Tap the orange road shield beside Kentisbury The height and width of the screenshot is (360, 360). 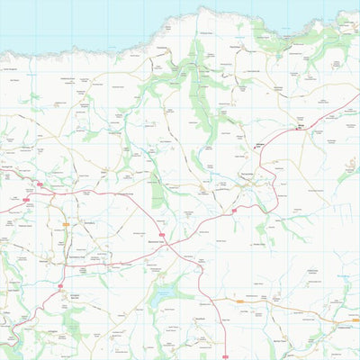(65, 223)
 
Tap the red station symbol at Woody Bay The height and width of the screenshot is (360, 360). (299, 130)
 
